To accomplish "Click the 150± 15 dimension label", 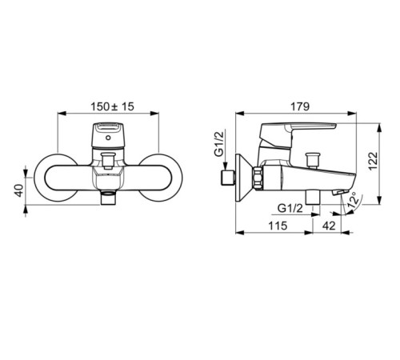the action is [x=112, y=106].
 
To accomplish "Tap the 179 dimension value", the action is [x=300, y=106].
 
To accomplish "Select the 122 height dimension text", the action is [x=373, y=161].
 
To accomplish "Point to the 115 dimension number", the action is [x=278, y=226].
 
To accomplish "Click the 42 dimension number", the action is [x=329, y=226].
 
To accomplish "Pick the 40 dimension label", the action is [x=19, y=190].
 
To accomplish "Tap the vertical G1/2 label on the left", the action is [x=219, y=144].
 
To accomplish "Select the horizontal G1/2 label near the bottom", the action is [x=290, y=208].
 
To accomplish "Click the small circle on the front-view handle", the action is [x=108, y=138].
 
